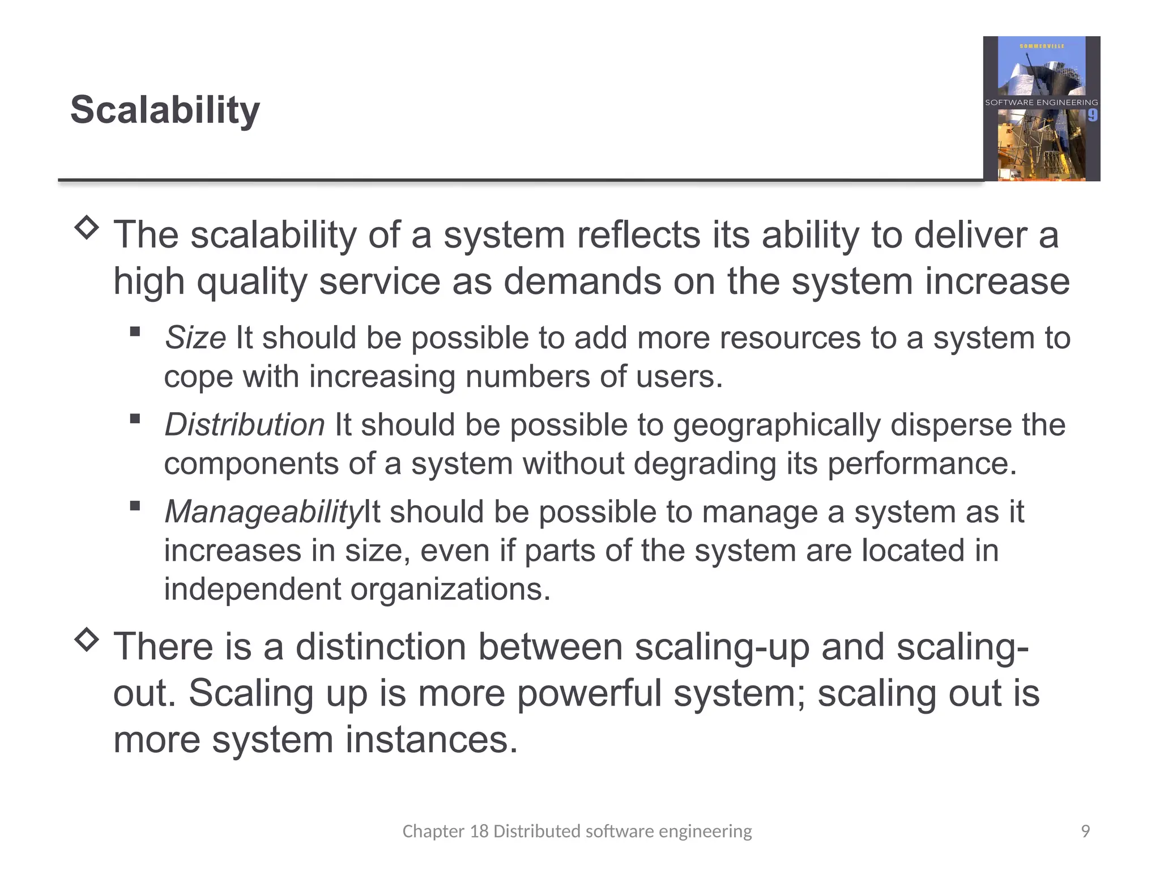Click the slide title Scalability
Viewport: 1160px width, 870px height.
165,110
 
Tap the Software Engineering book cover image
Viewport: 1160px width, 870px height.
1041,109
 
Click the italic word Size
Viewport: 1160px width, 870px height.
195,338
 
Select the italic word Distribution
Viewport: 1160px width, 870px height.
245,425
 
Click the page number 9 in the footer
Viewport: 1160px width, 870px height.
1085,831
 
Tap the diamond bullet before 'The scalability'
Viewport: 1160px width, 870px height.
87,228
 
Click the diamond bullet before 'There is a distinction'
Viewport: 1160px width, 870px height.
87,639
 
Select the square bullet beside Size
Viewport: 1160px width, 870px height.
135,331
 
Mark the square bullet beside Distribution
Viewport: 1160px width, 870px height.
135,419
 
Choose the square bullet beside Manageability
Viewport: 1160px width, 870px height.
135,506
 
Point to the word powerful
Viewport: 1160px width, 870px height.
589,693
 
